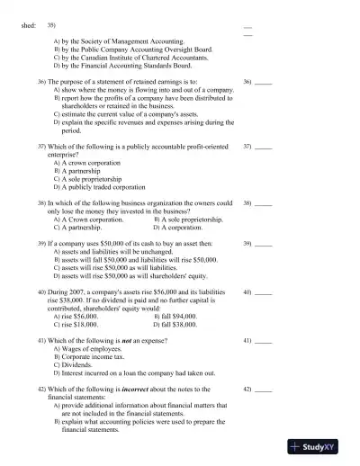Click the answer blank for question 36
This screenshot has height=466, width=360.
263,83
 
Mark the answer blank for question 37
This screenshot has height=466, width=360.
263,147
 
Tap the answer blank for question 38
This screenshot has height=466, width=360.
263,204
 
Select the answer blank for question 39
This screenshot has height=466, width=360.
263,245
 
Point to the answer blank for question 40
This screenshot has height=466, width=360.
263,293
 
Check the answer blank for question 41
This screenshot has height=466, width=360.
263,343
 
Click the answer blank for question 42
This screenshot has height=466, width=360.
263,390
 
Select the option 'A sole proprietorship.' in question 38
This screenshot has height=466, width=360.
192,219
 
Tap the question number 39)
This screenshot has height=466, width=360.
41,244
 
